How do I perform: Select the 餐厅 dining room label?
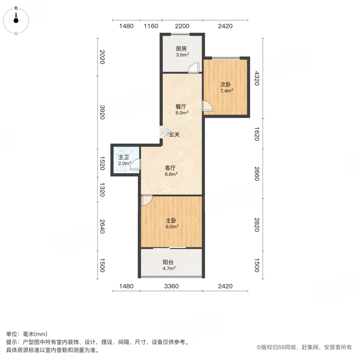[182, 107]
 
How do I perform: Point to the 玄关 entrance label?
[174, 135]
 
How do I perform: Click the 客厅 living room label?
[171, 168]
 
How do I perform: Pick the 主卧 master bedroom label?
[172, 220]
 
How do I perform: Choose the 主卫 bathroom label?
[124, 157]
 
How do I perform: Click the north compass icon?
[16, 20]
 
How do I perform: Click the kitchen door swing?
[194, 68]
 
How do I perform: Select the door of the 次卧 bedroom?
[208, 106]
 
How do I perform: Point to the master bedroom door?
[146, 200]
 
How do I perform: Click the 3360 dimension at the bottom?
[172, 286]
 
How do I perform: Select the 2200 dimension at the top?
[182, 26]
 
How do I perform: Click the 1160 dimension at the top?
[151, 26]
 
